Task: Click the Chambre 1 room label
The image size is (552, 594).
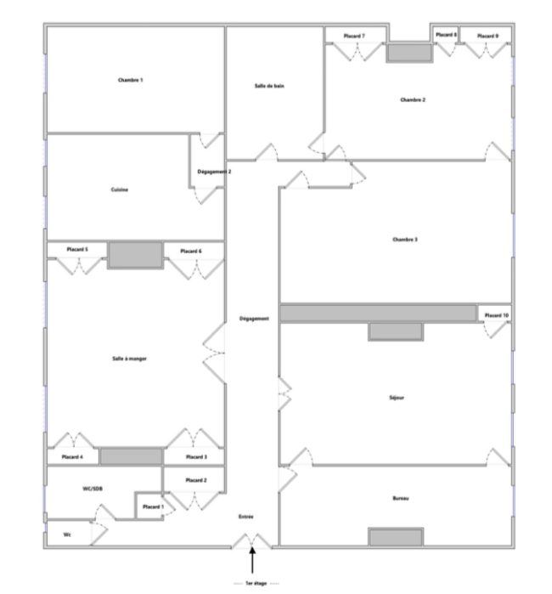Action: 130,80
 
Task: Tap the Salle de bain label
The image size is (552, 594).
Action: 269,86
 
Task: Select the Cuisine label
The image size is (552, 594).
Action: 119,190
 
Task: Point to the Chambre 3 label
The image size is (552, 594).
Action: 405,240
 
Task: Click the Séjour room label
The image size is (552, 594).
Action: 397,398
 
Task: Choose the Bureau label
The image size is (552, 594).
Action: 401,498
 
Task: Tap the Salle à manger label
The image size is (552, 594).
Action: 129,359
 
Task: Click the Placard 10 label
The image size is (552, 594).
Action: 496,315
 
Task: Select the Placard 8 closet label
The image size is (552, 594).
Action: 446,35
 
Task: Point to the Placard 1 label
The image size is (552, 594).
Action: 153,506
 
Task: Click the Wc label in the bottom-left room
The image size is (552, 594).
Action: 67,535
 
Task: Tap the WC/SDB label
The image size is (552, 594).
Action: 93,489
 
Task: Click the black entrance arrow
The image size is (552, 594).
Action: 252,560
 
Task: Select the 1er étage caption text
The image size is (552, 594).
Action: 256,584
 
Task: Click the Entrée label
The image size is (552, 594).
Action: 245,517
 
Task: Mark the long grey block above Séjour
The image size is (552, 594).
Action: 378,314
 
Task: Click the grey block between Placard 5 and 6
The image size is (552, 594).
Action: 135,255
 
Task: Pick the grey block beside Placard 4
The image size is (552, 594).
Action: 131,456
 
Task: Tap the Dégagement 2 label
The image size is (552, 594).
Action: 214,172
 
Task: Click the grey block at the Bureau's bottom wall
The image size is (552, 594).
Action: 396,537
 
